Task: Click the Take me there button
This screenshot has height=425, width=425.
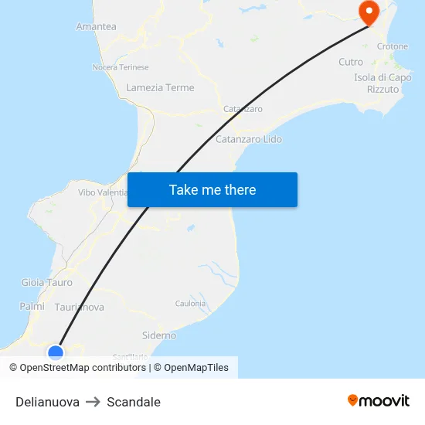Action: tap(212, 189)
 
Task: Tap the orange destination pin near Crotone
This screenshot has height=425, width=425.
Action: tap(367, 12)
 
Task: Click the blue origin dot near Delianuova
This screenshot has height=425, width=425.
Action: tap(56, 352)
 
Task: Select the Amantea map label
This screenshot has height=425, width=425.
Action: tap(96, 26)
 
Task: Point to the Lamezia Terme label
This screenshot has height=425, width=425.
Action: tap(160, 87)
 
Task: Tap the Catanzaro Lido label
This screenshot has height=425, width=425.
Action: tap(248, 139)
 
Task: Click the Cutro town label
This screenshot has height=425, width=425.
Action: tap(351, 62)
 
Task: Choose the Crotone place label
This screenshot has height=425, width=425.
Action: tap(392, 46)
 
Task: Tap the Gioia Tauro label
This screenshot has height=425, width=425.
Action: tap(47, 282)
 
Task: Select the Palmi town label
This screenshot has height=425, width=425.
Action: tap(32, 306)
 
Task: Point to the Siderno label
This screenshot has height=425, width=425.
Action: tap(159, 335)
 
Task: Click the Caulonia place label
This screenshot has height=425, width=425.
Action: tap(191, 304)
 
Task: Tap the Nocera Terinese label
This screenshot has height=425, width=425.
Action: tap(121, 67)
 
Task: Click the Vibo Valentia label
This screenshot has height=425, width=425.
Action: tap(102, 192)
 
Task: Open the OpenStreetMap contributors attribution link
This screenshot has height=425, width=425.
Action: tap(83, 368)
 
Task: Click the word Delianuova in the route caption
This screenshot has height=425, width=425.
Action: tap(47, 402)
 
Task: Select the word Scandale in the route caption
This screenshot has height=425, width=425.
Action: tap(134, 402)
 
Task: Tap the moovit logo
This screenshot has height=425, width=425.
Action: tap(378, 400)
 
